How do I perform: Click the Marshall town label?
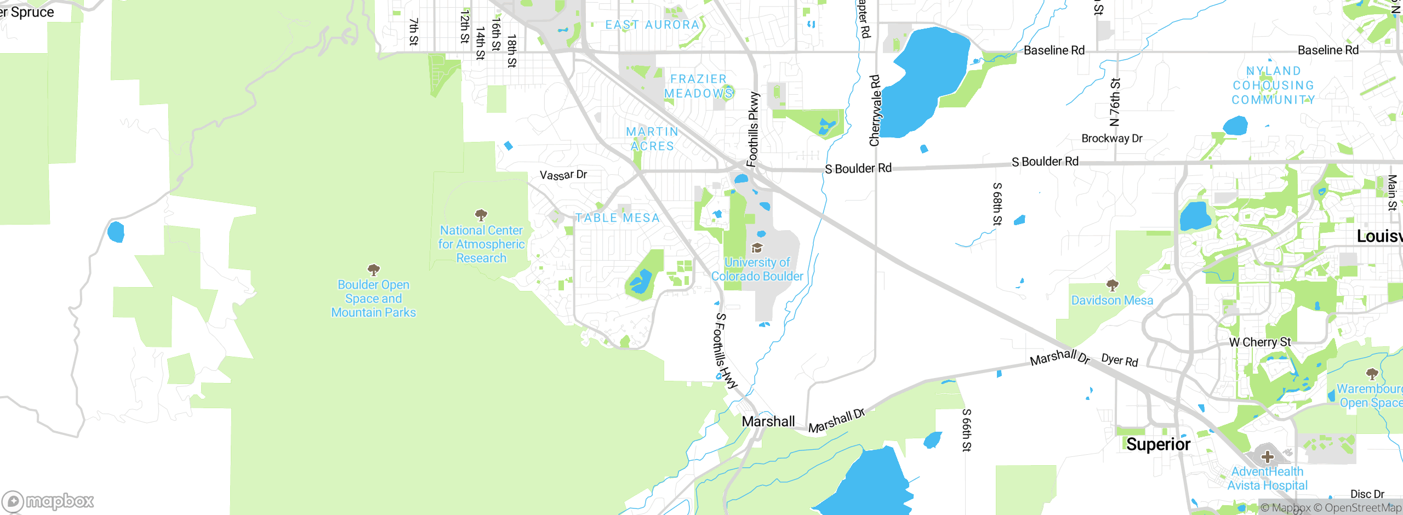point(768,421)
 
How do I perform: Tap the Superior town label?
point(1158,444)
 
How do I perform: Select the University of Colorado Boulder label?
point(757,270)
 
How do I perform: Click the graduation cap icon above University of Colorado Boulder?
point(757,248)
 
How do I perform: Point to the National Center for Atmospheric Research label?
point(481,244)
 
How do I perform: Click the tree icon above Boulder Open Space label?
point(374,270)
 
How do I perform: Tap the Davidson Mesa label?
point(1112,300)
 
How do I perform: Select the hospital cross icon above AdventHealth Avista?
point(1267,456)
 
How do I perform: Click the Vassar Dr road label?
point(563,175)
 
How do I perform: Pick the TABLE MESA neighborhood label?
point(617,218)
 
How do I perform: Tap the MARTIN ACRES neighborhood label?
point(652,139)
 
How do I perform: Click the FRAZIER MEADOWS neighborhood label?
point(698,87)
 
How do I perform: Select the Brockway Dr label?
point(1112,139)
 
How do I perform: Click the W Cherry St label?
point(1259,342)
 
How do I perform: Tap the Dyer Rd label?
point(1120,360)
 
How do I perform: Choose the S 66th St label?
point(967,430)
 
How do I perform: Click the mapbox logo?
point(48,501)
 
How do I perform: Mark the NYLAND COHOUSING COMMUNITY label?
point(1273,85)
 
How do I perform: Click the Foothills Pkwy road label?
point(754,129)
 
